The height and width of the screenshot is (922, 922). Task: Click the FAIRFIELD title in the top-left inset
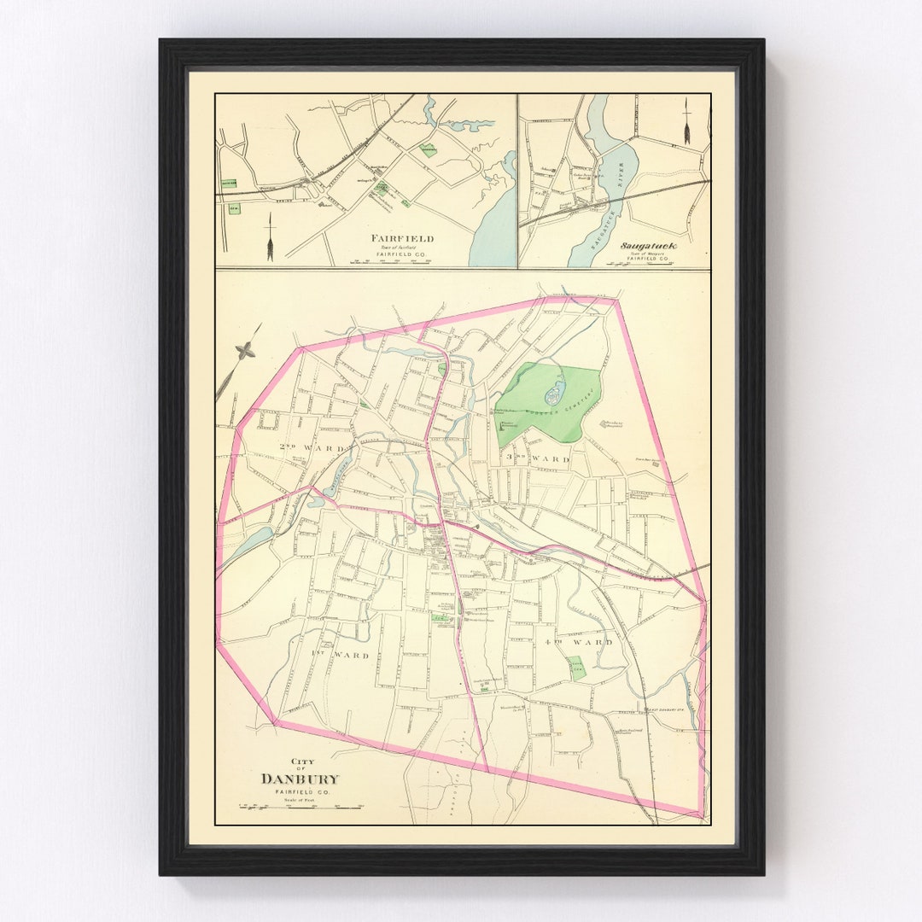(401, 239)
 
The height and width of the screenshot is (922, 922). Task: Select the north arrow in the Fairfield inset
(270, 237)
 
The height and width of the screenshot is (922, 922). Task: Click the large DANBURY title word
(300, 779)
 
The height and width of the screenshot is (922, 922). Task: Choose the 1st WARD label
(340, 656)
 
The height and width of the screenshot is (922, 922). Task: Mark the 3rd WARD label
(538, 458)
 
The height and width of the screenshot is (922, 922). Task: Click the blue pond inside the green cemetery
(552, 395)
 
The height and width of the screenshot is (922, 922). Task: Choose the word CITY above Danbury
(302, 762)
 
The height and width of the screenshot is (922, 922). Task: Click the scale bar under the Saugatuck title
(635, 264)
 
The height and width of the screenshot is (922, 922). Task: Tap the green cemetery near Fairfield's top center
(429, 150)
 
